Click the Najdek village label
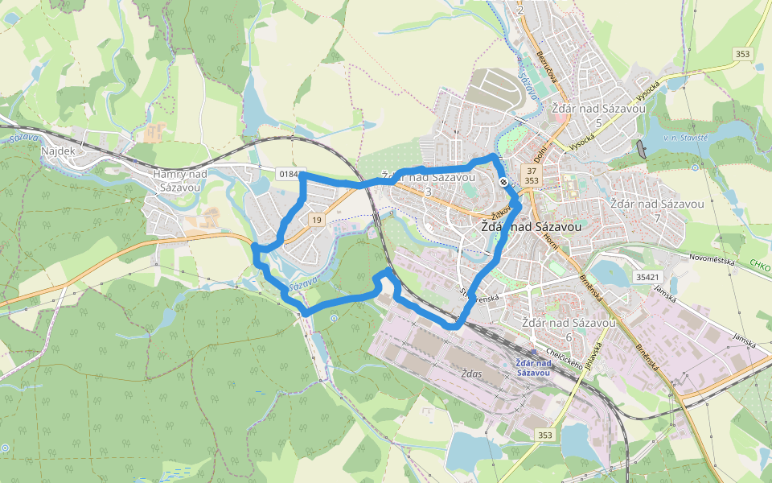(x=58, y=151)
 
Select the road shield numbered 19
(x=317, y=220)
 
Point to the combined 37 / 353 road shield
(x=531, y=176)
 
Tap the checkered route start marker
(x=503, y=183)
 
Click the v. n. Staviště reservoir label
(x=685, y=138)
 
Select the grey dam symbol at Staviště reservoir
(x=641, y=147)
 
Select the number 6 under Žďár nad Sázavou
(x=568, y=336)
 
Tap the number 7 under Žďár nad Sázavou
(x=657, y=218)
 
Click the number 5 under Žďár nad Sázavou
(x=598, y=122)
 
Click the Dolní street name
(x=541, y=150)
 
